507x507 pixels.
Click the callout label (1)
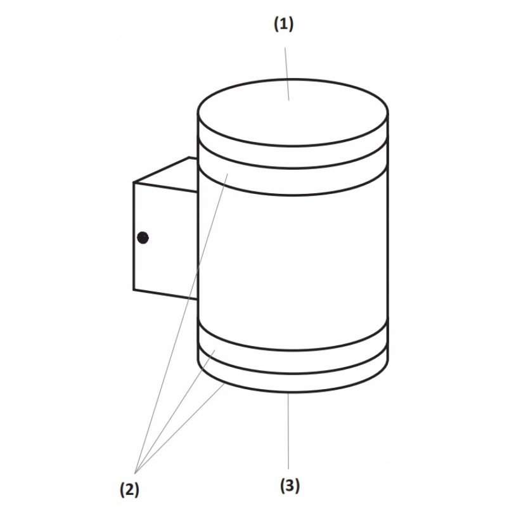coord(283,25)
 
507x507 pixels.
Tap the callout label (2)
coord(129,489)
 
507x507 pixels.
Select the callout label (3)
coord(290,486)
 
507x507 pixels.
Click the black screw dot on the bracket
coord(143,238)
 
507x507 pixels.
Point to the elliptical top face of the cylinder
coord(293,113)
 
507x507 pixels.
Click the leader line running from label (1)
coord(287,74)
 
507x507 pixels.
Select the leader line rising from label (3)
coord(288,431)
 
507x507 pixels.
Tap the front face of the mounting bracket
coord(165,241)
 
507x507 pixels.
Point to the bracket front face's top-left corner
coord(134,183)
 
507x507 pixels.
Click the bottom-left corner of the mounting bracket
coord(134,290)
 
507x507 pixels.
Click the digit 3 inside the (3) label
coord(290,485)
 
